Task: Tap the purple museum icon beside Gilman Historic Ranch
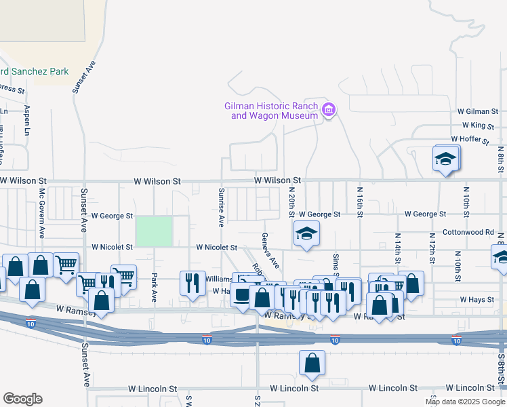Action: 329,109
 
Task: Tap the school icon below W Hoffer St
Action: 445,159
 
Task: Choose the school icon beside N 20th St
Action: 306,234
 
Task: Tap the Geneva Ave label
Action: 270,250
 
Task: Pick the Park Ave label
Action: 155,288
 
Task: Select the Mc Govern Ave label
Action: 41,213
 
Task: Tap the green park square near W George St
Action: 154,231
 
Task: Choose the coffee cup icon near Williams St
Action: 242,282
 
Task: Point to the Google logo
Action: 22,399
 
